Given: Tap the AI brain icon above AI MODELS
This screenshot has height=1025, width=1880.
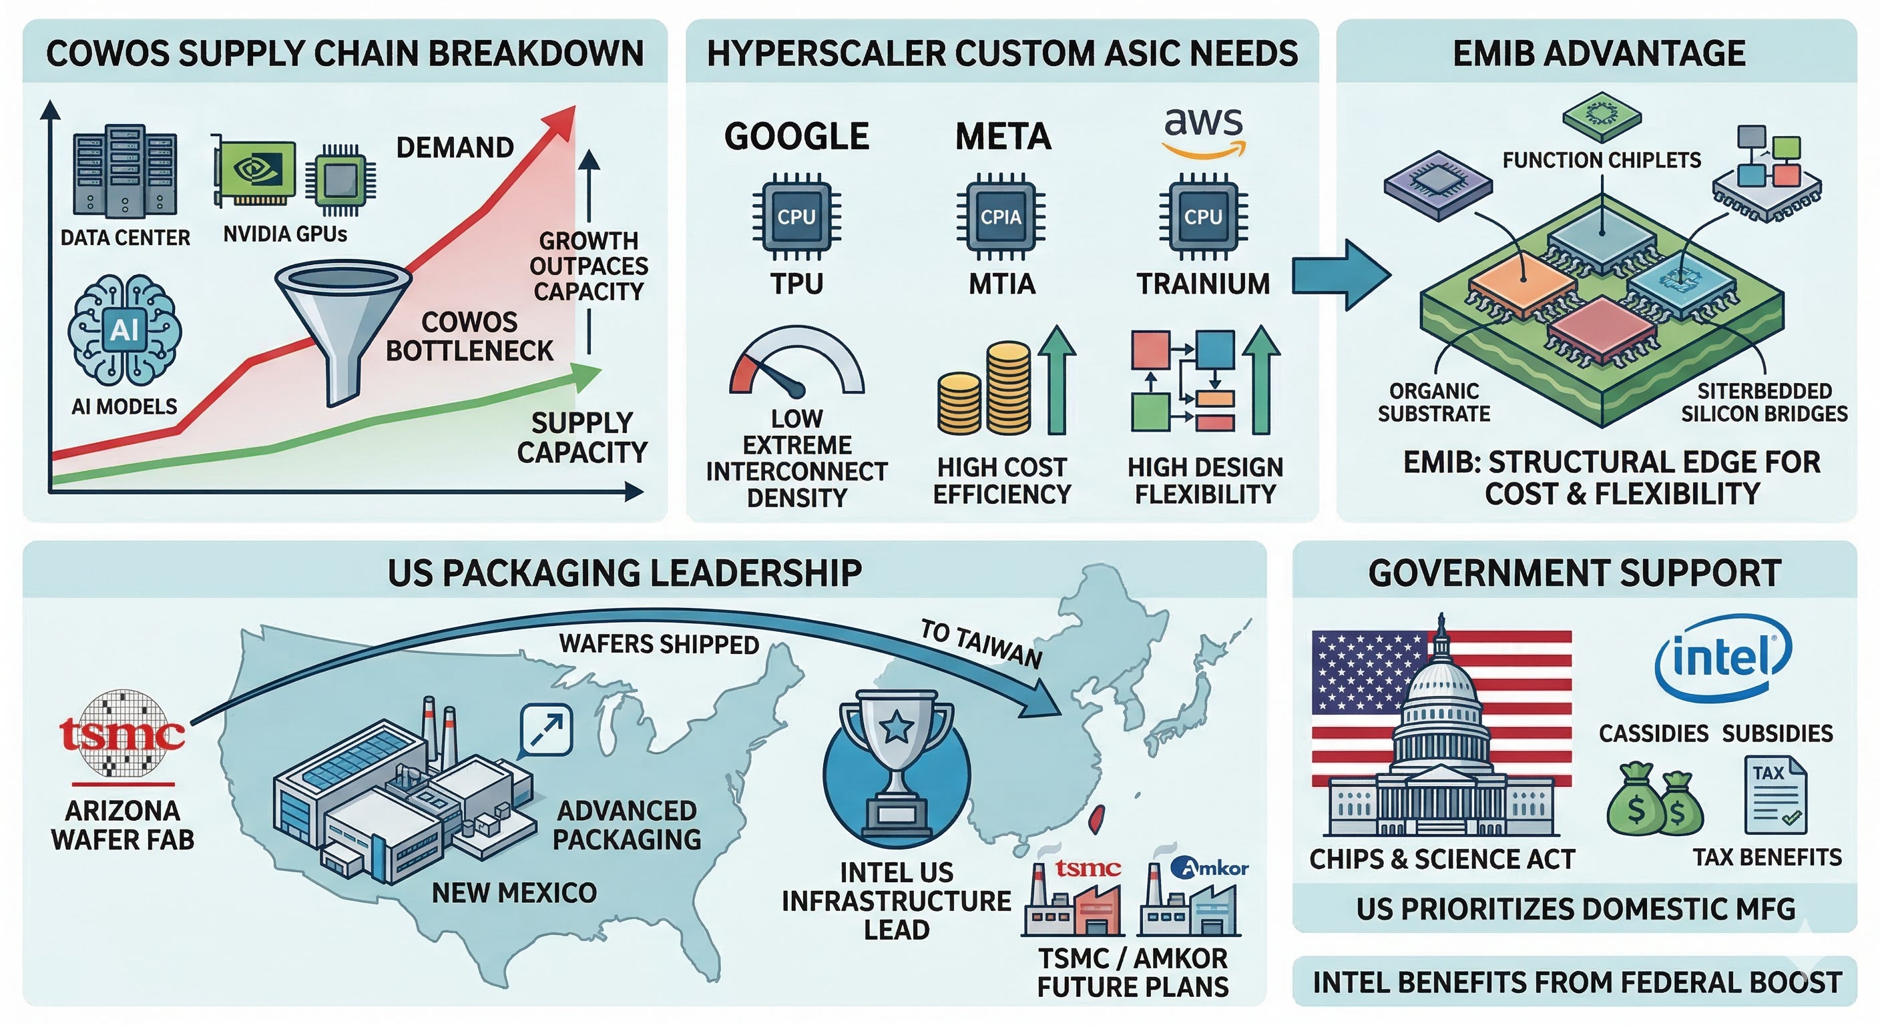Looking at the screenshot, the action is tap(124, 330).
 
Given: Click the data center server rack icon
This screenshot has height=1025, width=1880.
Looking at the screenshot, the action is tap(125, 172).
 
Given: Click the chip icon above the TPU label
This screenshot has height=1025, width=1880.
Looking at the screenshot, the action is tap(796, 217).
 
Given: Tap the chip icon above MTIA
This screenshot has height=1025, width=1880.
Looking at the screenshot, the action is tap(1001, 217).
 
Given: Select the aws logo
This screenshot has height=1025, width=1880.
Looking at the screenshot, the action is tap(1204, 131).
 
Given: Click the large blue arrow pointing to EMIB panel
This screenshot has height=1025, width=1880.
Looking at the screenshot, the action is tap(1341, 275).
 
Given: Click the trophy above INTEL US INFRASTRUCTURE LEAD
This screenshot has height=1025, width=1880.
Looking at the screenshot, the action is tap(897, 764).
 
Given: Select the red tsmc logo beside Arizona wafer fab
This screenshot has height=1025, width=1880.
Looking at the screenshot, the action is tap(122, 733).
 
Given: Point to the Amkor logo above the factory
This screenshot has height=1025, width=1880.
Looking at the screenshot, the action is tap(1209, 868).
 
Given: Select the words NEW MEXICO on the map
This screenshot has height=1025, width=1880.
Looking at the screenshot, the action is tap(515, 892).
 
